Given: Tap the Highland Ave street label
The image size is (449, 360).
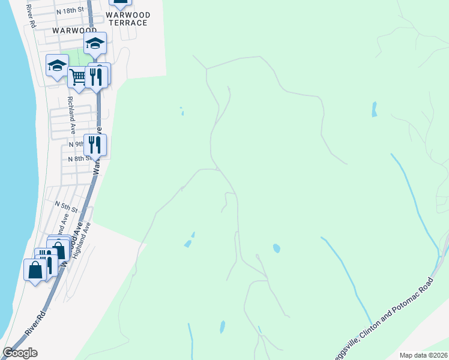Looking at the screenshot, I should (x=80, y=241).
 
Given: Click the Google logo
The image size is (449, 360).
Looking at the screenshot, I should (x=20, y=353).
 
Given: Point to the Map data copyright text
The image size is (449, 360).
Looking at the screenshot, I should (x=423, y=355).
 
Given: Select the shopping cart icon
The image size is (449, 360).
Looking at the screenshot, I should (x=77, y=77).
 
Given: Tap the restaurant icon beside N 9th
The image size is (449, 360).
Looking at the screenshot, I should (x=95, y=144).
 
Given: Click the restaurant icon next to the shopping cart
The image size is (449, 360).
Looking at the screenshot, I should (x=96, y=76).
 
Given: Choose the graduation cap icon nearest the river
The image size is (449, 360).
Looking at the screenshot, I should (x=57, y=65).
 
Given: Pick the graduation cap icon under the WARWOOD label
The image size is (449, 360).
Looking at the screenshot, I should (x=95, y=43).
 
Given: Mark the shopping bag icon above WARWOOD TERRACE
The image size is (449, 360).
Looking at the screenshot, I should (x=121, y=2).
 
